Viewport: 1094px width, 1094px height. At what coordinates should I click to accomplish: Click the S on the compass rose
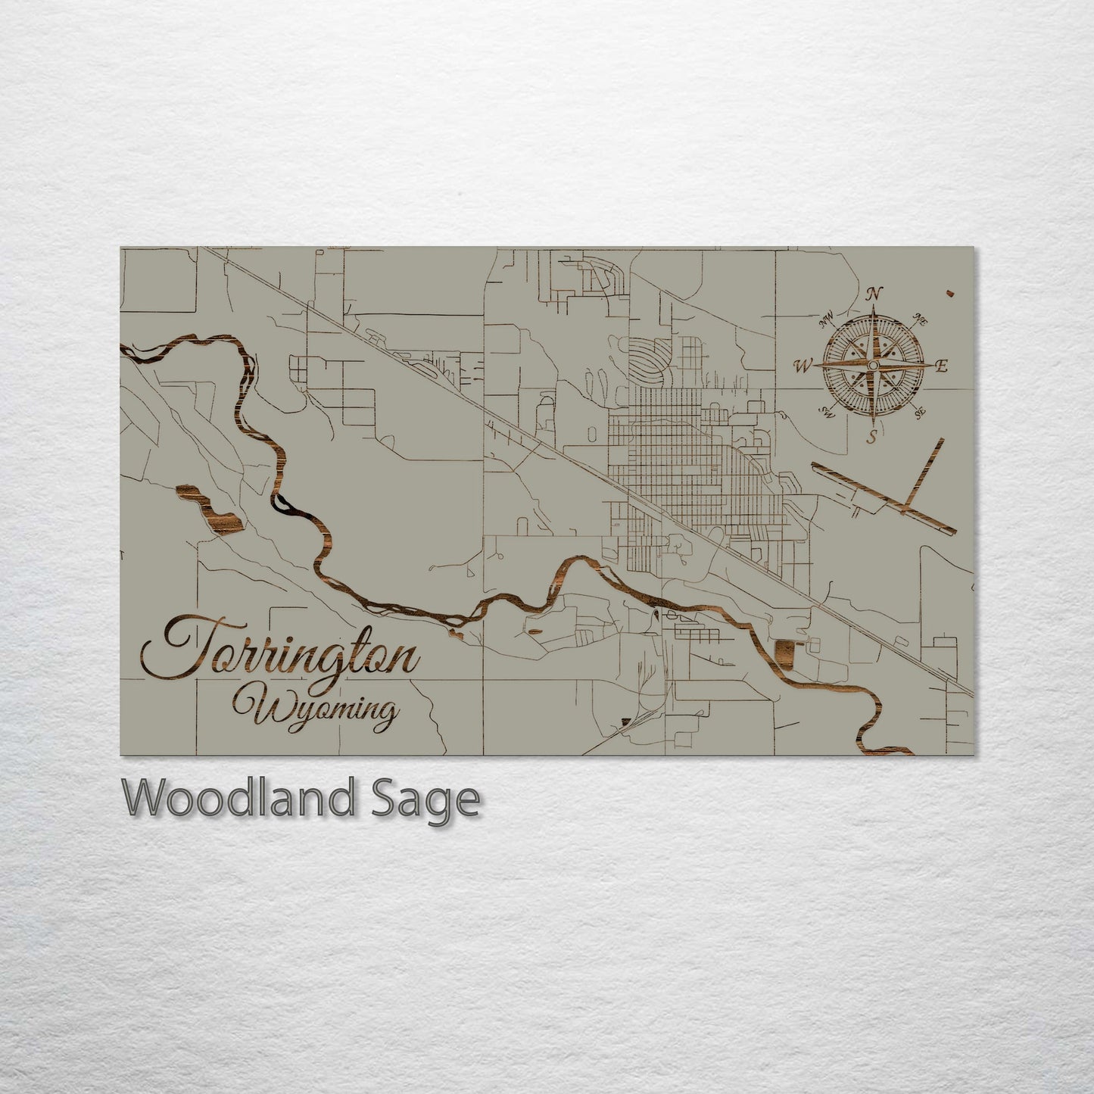point(872,436)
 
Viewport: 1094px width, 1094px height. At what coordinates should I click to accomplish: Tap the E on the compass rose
point(942,366)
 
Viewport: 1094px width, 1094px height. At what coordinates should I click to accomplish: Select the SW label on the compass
point(825,413)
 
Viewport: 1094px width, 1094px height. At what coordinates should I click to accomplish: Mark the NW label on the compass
point(826,319)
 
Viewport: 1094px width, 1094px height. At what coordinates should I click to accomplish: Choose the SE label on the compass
point(920,413)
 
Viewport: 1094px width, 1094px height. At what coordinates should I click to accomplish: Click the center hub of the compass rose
point(873,366)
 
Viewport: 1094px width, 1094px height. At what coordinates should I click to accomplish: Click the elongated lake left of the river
point(207,511)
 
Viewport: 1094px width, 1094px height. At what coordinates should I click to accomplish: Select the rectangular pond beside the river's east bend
point(787,653)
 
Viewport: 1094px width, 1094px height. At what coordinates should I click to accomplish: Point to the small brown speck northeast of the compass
point(949,291)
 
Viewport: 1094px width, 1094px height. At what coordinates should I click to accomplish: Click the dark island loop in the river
point(282,503)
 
